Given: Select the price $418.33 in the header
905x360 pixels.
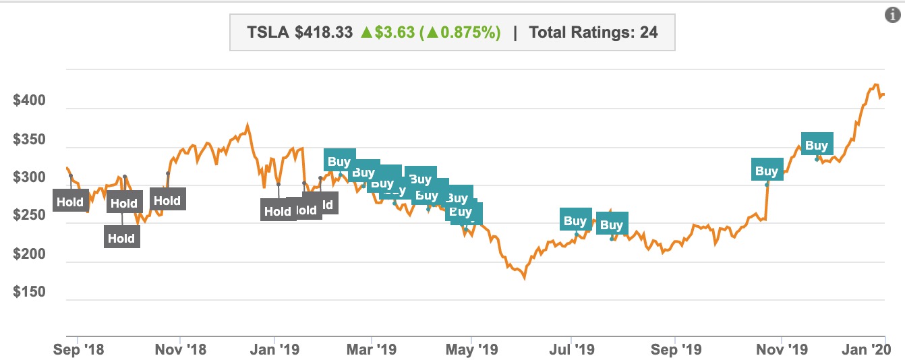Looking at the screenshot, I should [x=324, y=32].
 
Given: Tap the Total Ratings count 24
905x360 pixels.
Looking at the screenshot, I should [x=649, y=32].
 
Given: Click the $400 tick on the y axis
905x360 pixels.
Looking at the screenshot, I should [x=29, y=101].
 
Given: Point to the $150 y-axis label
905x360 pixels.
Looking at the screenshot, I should [x=29, y=292].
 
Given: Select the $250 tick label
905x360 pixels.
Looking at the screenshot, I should [x=29, y=216].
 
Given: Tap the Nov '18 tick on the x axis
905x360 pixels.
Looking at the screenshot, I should [x=180, y=349].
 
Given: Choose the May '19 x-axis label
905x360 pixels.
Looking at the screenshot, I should [x=471, y=349].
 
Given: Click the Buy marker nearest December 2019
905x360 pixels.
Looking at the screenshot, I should [x=816, y=145].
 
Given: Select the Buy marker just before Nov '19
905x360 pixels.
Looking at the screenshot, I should [x=766, y=171].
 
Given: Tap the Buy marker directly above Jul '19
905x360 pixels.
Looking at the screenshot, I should [x=575, y=220].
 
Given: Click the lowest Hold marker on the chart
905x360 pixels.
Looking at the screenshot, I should [x=121, y=237].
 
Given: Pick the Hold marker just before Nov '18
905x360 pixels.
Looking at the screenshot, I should [x=166, y=200].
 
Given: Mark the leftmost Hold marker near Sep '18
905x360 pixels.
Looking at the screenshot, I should [x=69, y=202].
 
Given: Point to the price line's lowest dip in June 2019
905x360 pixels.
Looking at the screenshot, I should [x=524, y=277].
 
